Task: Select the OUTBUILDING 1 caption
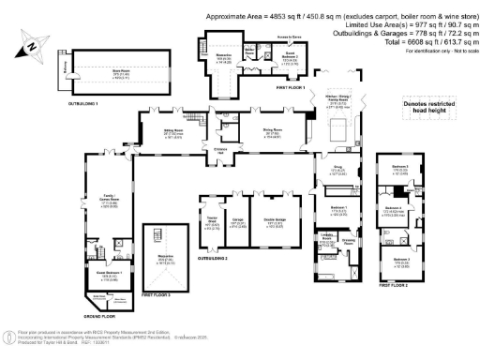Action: pos(82,102)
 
